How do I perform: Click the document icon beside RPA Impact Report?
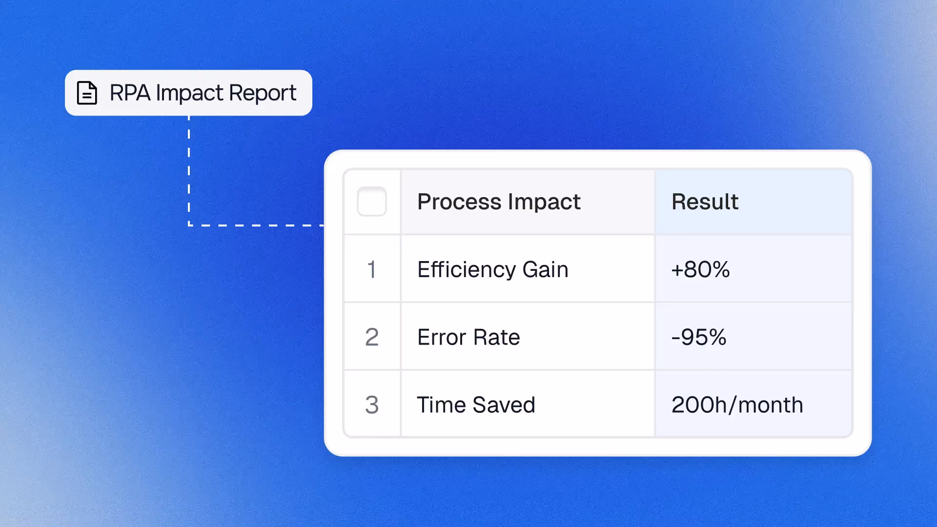point(87,93)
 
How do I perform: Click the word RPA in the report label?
point(130,93)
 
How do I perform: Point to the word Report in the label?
point(263,93)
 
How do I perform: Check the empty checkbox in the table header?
point(372,202)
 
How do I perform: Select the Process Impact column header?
point(499,202)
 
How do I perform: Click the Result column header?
point(705,202)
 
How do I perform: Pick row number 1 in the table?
point(372,269)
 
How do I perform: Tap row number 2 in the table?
point(372,337)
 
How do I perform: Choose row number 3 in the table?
point(372,405)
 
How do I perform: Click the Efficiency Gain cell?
point(493,269)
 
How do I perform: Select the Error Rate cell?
point(468,337)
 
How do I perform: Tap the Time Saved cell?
point(476,405)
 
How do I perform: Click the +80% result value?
point(700,269)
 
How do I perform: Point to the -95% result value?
point(699,337)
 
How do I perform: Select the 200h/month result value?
point(737,405)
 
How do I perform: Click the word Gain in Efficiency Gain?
point(545,269)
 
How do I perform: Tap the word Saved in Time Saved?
point(504,405)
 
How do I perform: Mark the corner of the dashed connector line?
point(189,225)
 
